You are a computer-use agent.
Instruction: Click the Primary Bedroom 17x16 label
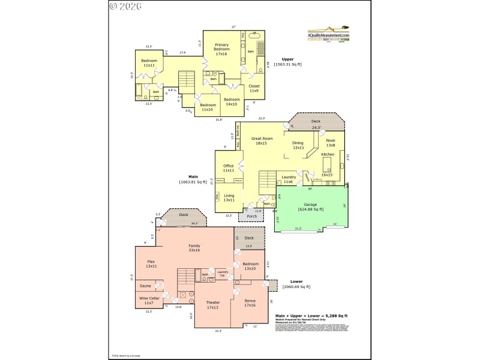(221, 49)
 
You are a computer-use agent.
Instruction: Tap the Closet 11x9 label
(254, 88)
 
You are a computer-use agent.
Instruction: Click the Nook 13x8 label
(330, 143)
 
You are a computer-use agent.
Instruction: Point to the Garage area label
(310, 207)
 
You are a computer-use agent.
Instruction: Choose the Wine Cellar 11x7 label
(149, 300)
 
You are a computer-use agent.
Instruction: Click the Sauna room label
(146, 286)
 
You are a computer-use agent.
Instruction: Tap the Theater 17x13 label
(213, 305)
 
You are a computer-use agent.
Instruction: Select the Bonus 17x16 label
(250, 303)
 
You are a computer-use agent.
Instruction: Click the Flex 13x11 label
(151, 264)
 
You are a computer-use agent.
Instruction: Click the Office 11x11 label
(228, 168)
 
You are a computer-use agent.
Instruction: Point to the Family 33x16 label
(194, 248)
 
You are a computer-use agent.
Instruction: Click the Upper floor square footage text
(287, 62)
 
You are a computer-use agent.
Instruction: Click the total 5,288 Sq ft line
(311, 316)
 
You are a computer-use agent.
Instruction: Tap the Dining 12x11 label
(298, 145)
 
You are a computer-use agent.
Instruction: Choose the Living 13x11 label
(229, 197)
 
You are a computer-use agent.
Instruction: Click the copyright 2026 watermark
(125, 7)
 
